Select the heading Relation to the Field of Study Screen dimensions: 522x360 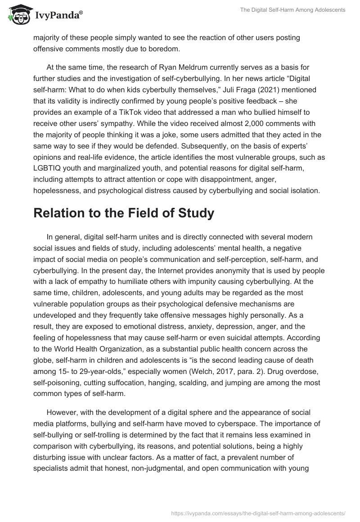[123, 213]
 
